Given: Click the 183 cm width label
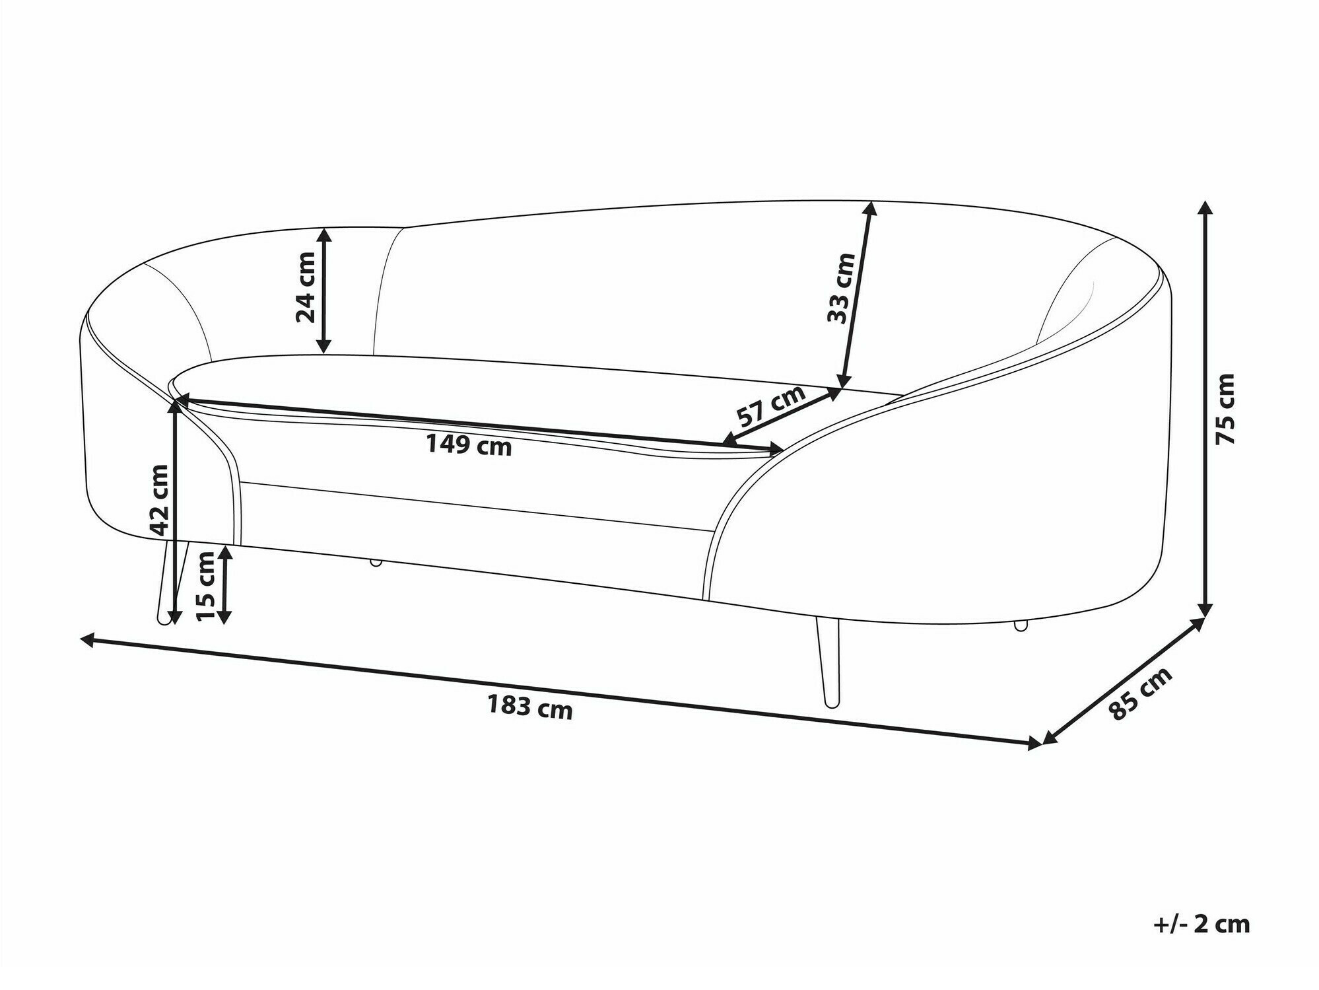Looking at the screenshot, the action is [530, 707].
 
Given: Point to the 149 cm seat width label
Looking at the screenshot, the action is [469, 446].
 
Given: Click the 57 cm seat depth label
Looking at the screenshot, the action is [771, 406].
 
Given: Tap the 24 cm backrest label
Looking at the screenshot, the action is [306, 287].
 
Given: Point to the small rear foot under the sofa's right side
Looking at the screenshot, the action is [1021, 625].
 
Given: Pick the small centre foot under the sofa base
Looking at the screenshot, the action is [376, 562].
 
